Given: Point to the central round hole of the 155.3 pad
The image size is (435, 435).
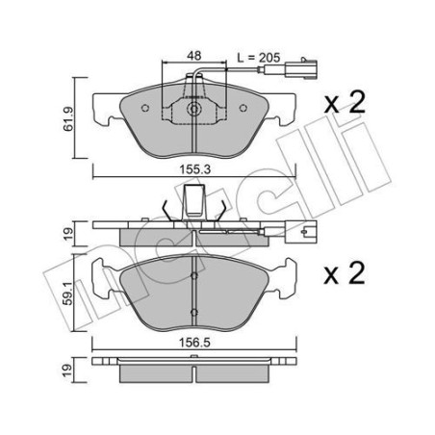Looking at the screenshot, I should click(195, 110).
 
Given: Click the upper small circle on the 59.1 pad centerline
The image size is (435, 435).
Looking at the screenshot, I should click(195, 275).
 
